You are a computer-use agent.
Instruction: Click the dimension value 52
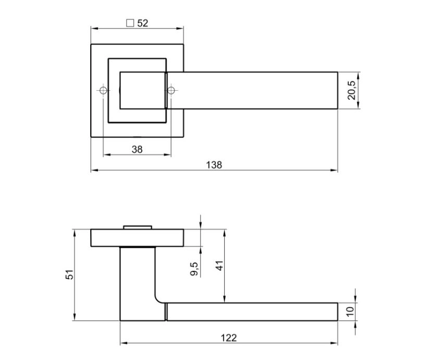[143, 23]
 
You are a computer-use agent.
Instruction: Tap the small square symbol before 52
[130, 23]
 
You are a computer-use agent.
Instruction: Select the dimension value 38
[137, 149]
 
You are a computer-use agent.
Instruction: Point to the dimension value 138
[214, 165]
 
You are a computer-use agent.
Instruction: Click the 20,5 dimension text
[352, 90]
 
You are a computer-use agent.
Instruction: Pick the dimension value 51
[69, 275]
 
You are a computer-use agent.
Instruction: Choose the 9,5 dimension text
[194, 269]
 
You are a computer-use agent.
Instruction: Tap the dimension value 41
[219, 266]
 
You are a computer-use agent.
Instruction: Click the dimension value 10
[350, 312]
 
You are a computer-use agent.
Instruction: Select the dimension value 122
[229, 338]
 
